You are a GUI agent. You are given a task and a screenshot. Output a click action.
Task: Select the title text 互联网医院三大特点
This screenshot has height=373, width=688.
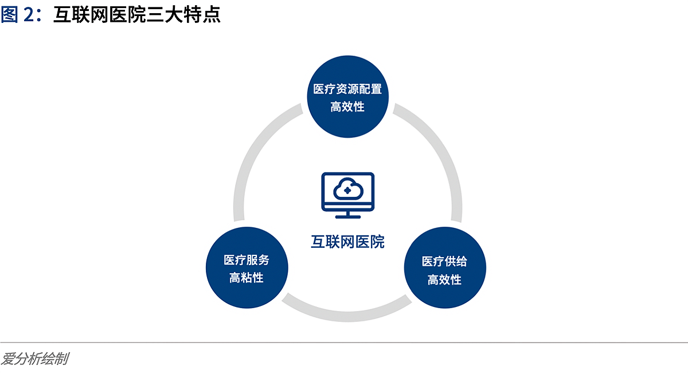pos(137,14)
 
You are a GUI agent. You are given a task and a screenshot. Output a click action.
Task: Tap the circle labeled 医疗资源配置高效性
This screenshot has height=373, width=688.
pos(347,96)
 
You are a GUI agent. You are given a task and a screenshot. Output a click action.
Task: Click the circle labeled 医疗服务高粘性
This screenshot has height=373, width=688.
pos(247,267)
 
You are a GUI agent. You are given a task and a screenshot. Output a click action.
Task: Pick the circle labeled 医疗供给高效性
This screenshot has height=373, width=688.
pos(445,267)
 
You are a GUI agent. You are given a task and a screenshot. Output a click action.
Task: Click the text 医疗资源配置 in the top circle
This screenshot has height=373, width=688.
pos(347,89)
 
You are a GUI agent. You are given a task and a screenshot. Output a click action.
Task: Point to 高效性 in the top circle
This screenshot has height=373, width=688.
pos(347,107)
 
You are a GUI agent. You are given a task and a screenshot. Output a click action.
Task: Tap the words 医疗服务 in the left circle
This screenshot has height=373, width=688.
pos(247,260)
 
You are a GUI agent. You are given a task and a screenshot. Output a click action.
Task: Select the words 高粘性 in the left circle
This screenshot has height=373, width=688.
pos(247,278)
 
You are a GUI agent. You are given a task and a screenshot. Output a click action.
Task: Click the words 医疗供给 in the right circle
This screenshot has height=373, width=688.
pos(444,261)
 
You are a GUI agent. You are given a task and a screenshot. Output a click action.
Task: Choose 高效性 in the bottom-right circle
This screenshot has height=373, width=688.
pos(444,279)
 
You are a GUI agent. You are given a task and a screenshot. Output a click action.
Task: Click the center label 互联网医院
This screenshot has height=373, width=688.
pos(347,242)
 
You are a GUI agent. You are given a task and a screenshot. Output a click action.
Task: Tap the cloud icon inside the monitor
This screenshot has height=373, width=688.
pos(348,189)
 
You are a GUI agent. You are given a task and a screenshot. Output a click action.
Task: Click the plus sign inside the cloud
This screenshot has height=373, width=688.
pos(347,191)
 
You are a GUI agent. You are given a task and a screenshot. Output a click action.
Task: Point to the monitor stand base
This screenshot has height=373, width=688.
pos(348,217)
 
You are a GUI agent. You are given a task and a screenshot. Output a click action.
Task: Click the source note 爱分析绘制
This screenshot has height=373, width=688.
pos(35,359)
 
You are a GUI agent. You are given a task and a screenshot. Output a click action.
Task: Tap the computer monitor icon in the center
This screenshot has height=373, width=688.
pos(348,195)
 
